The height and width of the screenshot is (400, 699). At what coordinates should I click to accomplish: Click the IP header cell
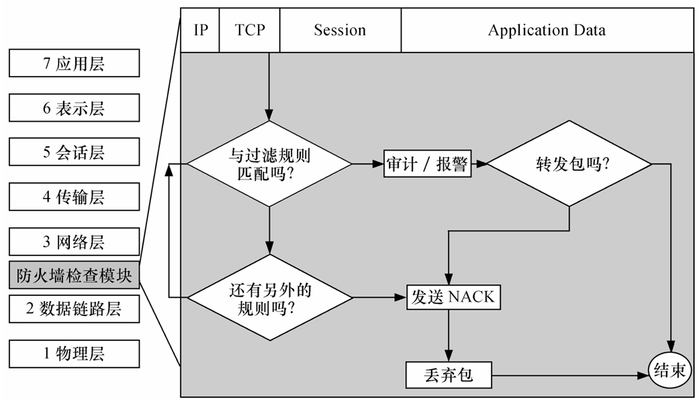[x=200, y=30]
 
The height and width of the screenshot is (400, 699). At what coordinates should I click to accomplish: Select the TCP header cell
[x=250, y=30]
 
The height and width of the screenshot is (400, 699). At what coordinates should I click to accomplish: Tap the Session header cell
[x=340, y=30]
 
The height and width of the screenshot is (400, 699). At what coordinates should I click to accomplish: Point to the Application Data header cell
[x=547, y=30]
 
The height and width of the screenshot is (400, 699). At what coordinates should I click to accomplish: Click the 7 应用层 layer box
[x=74, y=63]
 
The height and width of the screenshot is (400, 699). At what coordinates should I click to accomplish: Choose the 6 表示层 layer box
[x=74, y=108]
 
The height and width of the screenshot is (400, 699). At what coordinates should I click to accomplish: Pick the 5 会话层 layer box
[x=74, y=152]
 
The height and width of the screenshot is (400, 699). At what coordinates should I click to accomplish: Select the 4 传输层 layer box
[x=74, y=196]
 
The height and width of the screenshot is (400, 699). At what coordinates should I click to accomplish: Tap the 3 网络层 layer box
[x=74, y=241]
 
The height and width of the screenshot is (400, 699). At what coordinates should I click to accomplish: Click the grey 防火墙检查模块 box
[x=74, y=275]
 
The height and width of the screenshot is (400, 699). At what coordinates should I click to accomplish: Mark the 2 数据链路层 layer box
[x=74, y=309]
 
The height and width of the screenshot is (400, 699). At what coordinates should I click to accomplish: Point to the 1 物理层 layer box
[x=74, y=354]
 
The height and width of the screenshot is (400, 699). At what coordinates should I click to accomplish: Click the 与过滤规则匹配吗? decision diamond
[x=269, y=164]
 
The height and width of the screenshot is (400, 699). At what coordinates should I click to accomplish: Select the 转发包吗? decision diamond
[x=569, y=164]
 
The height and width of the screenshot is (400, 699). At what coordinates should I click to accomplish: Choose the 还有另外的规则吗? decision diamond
[x=270, y=297]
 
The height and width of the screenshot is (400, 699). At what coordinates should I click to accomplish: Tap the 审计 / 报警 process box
[x=428, y=164]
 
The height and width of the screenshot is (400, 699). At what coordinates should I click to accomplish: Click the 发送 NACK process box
[x=453, y=297]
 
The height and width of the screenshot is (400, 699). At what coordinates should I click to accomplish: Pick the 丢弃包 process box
[x=449, y=375]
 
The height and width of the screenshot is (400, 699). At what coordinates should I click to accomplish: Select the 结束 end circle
[x=669, y=371]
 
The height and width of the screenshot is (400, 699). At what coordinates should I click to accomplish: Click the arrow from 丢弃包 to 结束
[x=570, y=376]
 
